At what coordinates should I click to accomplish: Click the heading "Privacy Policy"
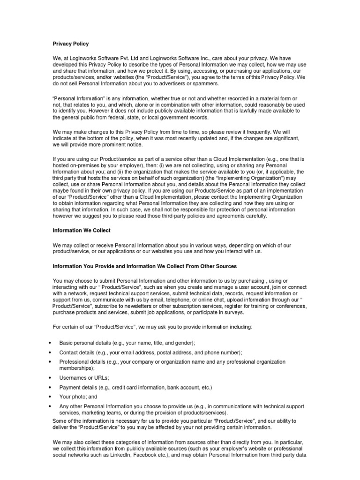pos(70,44)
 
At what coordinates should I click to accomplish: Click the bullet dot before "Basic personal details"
pos(50,343)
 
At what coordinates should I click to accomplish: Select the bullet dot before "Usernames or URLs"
pos(50,377)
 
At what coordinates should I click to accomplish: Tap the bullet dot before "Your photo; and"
pos(50,397)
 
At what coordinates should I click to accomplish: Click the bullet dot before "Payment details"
pos(50,387)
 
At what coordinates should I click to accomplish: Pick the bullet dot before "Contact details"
pos(50,352)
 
